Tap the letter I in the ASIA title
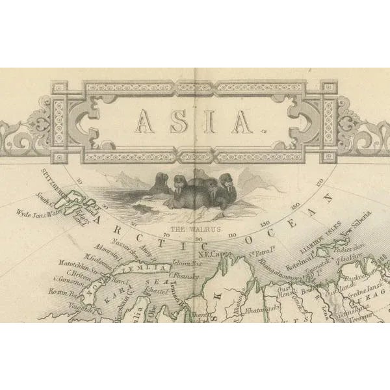[208, 121]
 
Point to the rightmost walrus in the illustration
[226, 190]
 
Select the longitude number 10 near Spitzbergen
[80, 183]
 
